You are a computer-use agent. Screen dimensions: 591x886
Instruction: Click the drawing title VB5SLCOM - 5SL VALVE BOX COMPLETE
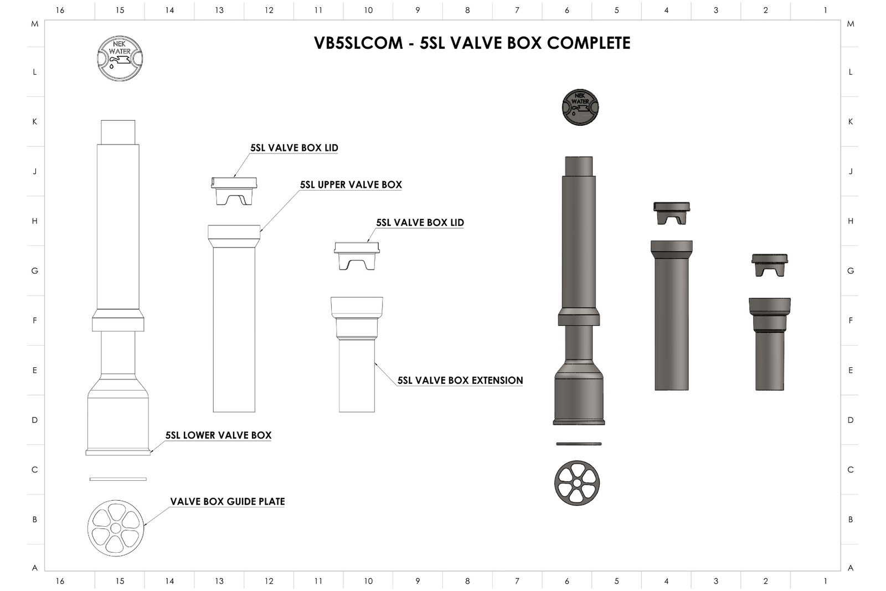pos(472,43)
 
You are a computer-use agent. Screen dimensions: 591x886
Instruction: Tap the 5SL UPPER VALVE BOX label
pos(351,185)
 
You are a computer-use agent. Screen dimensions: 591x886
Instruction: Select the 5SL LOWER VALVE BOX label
pos(218,435)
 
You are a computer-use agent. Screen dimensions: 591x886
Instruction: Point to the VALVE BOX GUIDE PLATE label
pos(227,502)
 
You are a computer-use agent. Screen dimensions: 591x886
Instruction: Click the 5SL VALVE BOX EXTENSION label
pos(460,381)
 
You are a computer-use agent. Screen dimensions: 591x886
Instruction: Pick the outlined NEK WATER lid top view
pos(120,59)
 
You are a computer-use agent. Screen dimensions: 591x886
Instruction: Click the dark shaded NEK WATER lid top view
pos(580,107)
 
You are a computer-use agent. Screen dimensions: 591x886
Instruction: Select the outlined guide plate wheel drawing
pos(116,528)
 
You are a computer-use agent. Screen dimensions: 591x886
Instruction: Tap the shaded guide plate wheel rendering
pos(577,483)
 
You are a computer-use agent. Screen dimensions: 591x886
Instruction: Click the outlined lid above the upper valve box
pos(234,190)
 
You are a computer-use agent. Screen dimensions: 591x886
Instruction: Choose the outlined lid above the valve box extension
pos(357,255)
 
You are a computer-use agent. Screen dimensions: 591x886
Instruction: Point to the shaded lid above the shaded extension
pos(770,265)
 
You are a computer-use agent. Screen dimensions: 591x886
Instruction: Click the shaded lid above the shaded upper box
pos(672,213)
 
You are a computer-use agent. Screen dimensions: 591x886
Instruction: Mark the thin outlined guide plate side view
pos(118,479)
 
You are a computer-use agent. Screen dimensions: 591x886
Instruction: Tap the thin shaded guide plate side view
pos(579,444)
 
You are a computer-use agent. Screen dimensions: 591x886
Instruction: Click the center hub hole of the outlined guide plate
pos(116,528)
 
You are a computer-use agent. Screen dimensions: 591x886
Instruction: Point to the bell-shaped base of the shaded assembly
pos(579,393)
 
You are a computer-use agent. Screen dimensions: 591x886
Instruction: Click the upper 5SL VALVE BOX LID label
pos(293,148)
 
